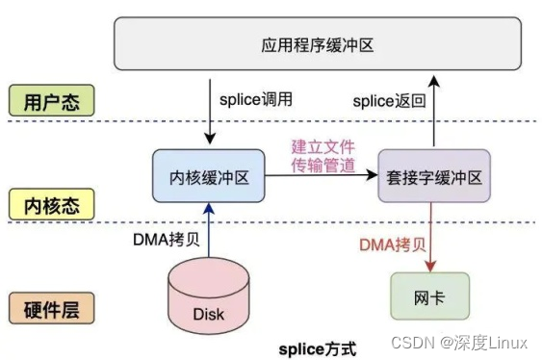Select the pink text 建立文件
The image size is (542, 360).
click(x=323, y=147)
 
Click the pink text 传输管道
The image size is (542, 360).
click(x=323, y=167)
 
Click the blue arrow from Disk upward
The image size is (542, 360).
click(x=210, y=231)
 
